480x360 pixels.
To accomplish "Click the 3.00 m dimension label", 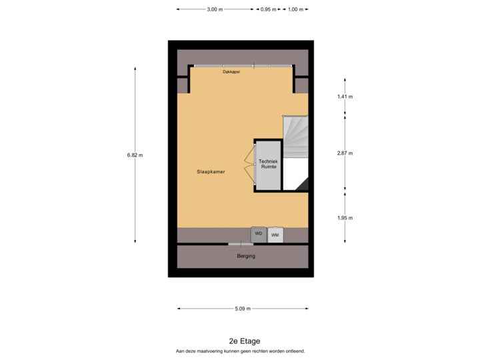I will pos(215,9).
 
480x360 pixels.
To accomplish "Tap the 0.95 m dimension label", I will pos(269,9).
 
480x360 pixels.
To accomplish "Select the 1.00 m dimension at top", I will pos(295,9).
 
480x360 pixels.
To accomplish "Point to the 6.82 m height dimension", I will pos(135,155).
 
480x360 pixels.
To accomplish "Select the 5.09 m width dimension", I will pos(243,309).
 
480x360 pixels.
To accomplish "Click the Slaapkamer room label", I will pos(211,171).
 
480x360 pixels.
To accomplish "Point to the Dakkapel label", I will pos(231,72).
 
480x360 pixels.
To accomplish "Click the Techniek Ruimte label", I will pos(268,165).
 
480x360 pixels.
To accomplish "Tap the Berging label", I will pos(246,256).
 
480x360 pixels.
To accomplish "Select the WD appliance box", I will pos(259,235).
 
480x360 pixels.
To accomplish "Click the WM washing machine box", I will pos(275,235).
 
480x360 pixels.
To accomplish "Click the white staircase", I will pos(296,137).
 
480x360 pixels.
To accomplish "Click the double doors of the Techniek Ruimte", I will pos(249,165).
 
